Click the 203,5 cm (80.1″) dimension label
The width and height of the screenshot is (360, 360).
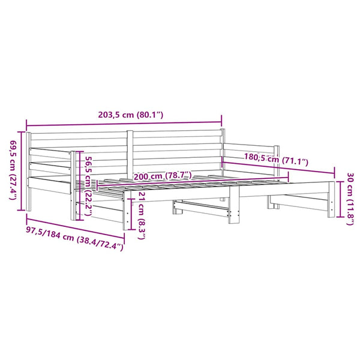(131, 115)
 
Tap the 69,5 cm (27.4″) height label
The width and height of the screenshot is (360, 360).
(13, 170)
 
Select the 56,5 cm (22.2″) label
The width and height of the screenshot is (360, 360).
(89, 186)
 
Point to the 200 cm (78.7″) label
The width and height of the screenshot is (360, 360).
(163, 176)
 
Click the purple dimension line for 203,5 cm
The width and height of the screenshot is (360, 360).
(124, 124)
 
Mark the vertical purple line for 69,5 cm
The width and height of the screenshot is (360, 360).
(22, 171)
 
